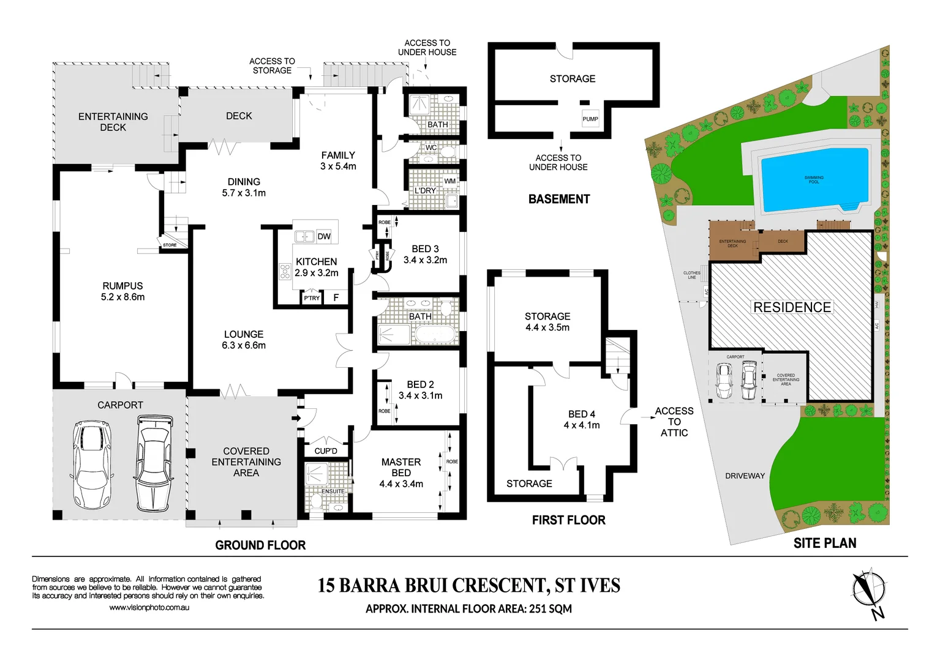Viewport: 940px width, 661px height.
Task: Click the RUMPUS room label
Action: tap(122, 286)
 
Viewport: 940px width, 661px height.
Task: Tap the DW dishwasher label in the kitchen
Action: tap(324, 236)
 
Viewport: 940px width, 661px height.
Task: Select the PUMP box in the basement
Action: tap(590, 119)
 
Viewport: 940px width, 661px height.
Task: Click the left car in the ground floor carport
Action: tap(92, 465)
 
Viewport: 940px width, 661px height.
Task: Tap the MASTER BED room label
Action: tap(401, 468)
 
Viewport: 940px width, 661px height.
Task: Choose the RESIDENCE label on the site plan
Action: tap(792, 307)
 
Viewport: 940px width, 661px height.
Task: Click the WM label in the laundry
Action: tap(450, 181)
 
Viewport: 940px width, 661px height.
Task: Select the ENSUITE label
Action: tap(333, 491)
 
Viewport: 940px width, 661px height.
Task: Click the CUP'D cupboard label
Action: tap(326, 451)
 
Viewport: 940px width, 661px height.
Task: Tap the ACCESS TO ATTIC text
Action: tap(674, 422)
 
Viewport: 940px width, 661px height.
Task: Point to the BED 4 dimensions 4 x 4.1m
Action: tap(582, 425)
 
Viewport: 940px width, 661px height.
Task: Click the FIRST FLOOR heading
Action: tap(568, 520)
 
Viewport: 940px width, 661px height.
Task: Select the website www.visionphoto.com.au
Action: tap(149, 608)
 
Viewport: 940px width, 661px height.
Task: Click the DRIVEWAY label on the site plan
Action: tap(745, 476)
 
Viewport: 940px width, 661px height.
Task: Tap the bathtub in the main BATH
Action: tap(435, 334)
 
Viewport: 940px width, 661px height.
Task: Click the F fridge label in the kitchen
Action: tap(336, 298)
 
